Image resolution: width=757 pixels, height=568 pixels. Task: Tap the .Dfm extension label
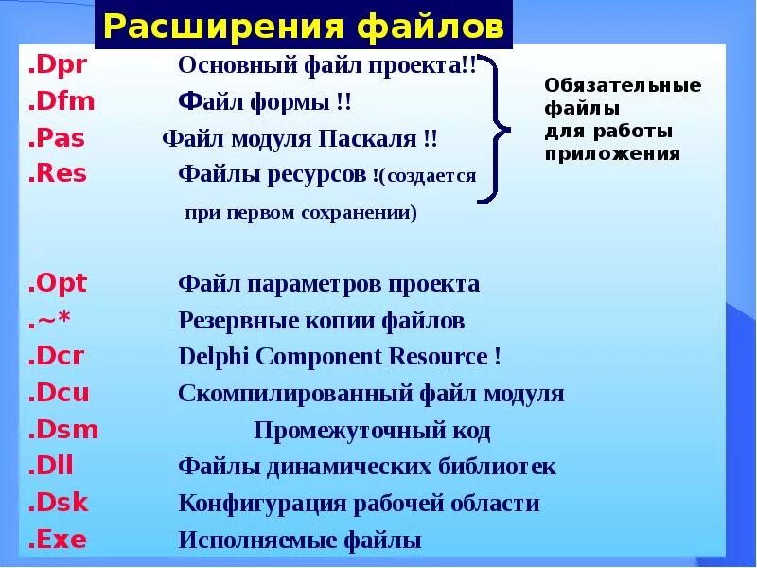coord(62,102)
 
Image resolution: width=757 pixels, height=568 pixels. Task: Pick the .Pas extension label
coord(57,138)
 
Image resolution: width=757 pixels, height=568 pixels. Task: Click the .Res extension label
coord(58,173)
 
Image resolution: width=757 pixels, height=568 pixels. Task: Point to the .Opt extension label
coord(58,283)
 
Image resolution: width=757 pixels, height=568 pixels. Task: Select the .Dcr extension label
coord(57,356)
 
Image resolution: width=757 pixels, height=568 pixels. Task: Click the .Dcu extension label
coord(59,393)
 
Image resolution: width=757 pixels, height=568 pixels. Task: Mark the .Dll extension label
coord(52,466)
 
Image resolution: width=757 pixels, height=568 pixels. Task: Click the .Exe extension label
coord(58,540)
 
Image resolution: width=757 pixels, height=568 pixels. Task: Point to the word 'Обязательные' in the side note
coord(623,86)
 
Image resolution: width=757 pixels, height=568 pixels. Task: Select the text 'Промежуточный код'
coord(372,432)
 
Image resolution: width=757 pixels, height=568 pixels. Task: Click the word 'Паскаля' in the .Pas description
coord(371,139)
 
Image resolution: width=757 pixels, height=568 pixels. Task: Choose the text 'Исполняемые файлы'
coord(300,541)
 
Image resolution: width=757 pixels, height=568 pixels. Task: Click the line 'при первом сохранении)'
coord(300,213)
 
